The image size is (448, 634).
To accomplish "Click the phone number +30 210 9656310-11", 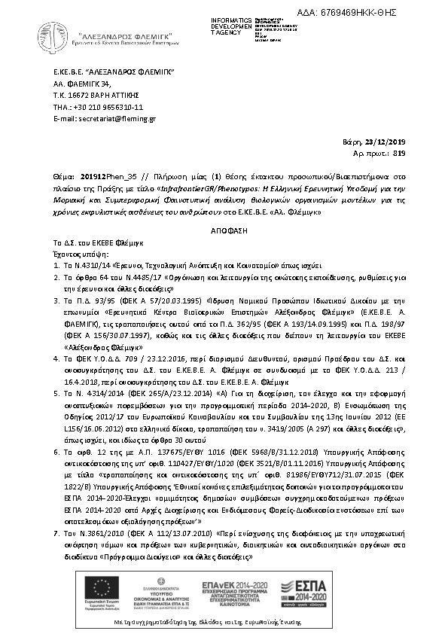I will pyautogui.click(x=102, y=107).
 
